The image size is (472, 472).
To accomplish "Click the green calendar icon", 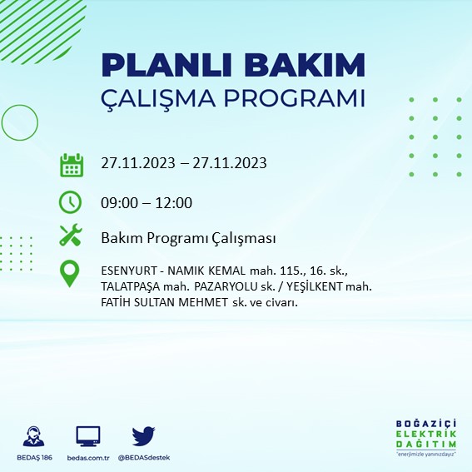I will click(x=71, y=165).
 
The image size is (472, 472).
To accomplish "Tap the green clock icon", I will click(x=71, y=202).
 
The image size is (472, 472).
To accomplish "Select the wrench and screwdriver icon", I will click(x=71, y=237).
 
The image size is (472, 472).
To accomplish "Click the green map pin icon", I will click(x=71, y=274).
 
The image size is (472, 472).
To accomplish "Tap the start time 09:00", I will click(x=118, y=202).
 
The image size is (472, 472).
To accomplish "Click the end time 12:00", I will click(x=175, y=202).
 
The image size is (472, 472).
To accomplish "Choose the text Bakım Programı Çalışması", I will click(x=188, y=239).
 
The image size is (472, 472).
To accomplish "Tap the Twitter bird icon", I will click(x=144, y=435).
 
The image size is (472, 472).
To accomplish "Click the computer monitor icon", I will click(x=87, y=435).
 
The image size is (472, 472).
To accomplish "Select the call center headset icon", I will click(x=34, y=435).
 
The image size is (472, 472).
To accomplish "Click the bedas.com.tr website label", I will click(x=87, y=458).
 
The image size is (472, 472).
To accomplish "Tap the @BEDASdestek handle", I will click(x=144, y=458).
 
